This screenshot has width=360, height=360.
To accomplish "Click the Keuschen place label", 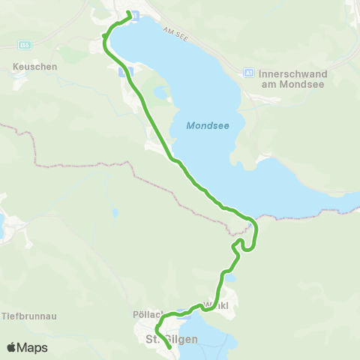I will pyautogui.click(x=35, y=66).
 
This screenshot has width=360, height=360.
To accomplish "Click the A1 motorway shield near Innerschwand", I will pyautogui.click(x=249, y=73).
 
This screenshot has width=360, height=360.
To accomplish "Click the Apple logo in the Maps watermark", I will pyautogui.click(x=12, y=347).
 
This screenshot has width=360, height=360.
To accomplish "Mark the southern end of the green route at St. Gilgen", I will pyautogui.click(x=171, y=348).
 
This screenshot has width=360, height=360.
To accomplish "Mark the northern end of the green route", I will pyautogui.click(x=129, y=13).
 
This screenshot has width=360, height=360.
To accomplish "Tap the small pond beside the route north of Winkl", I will pyautogui.click(x=230, y=277).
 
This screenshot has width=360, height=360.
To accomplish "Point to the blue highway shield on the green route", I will pyautogui.click(x=125, y=71).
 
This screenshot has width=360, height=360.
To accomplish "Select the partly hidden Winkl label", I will pyautogui.click(x=222, y=307).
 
